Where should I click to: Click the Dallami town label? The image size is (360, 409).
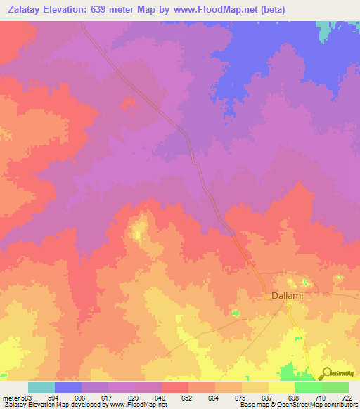point(288,296)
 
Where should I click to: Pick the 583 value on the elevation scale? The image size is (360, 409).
point(27,398)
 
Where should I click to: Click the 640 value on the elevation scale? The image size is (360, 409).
point(161,398)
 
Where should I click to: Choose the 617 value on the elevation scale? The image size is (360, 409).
point(108,398)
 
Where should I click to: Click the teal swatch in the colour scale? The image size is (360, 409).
point(41,387)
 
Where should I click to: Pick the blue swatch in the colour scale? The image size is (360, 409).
point(67,387)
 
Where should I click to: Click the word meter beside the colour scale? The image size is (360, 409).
point(10,398)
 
